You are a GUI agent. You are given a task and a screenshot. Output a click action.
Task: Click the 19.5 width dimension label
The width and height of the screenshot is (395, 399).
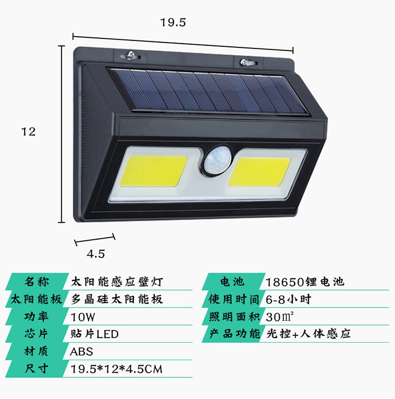tap(173, 23)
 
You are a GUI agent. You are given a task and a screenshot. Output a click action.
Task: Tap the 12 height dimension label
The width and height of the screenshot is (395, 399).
tap(28, 131)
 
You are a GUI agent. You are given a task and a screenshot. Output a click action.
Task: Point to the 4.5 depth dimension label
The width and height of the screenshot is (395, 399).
tap(96, 254)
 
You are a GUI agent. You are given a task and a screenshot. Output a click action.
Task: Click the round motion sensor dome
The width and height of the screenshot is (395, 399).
tap(217, 160)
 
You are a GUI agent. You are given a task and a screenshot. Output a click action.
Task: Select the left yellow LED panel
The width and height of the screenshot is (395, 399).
tap(153, 171)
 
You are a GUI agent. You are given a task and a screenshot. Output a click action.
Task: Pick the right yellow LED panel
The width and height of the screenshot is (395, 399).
tap(259, 172)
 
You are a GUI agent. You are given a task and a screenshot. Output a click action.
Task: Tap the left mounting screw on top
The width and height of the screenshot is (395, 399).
tap(131, 55)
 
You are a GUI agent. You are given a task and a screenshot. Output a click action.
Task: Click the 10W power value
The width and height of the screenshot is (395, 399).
tap(83, 317)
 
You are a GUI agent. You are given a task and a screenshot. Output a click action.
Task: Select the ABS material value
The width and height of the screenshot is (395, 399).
tap(81, 352)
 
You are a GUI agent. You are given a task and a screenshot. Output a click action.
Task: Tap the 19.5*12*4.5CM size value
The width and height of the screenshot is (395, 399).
tap(116, 369)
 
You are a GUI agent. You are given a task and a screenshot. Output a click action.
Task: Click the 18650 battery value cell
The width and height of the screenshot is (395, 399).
tap(305, 282)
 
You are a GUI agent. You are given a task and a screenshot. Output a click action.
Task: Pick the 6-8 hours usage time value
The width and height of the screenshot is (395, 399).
tap(289, 299)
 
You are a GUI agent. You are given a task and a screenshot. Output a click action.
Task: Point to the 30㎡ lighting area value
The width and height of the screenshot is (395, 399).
tap(280, 317)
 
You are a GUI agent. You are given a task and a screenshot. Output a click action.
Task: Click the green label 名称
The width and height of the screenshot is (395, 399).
tap(36, 282)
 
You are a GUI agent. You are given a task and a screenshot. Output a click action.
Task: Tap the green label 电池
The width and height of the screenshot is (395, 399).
tap(232, 282)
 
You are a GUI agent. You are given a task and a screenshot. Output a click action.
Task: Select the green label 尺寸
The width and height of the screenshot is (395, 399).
tap(36, 369)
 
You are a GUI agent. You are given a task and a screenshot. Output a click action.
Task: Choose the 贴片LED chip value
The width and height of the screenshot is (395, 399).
tap(95, 334)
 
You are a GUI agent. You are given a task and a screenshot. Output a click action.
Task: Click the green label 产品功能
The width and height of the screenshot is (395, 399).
tap(234, 334)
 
